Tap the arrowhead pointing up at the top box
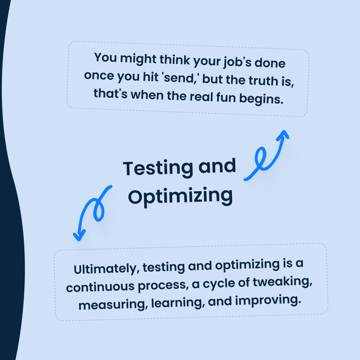pyautogui.click(x=284, y=134)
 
